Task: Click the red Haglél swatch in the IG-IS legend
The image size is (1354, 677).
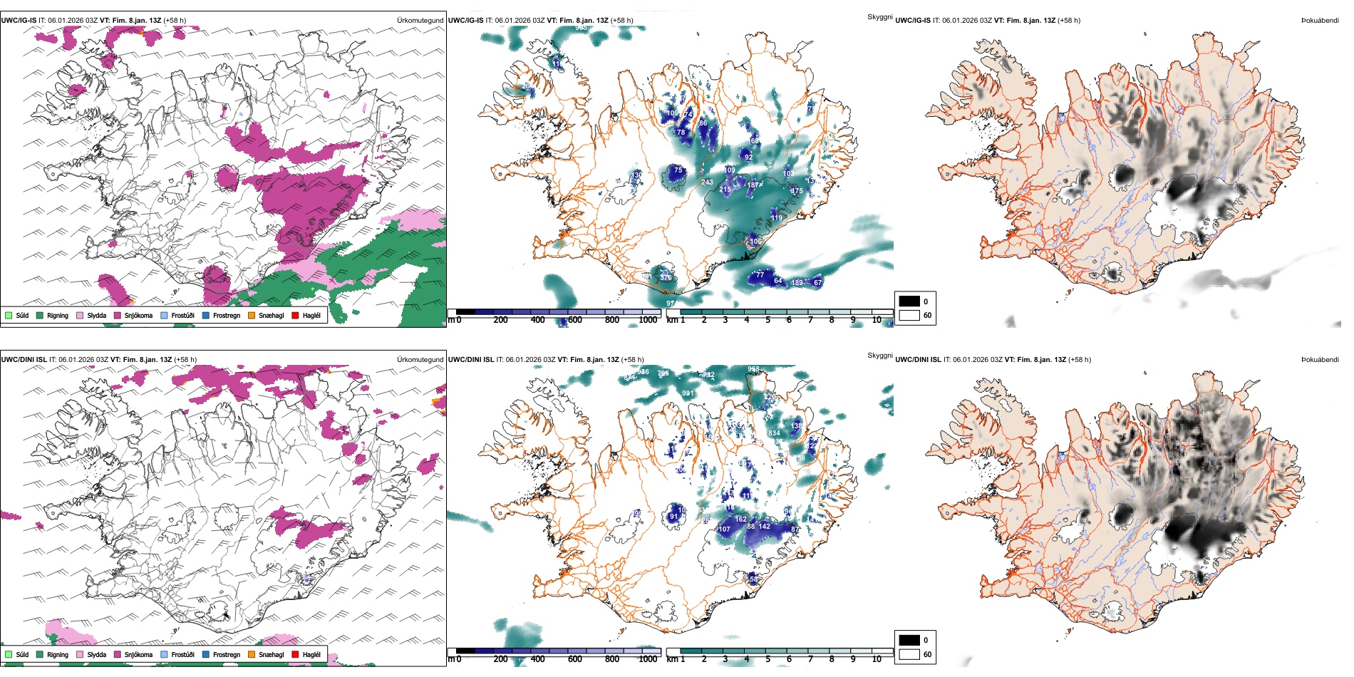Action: [x=295, y=315]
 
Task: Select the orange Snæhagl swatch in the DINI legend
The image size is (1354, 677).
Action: [x=252, y=654]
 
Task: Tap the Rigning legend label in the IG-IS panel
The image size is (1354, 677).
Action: [x=58, y=315]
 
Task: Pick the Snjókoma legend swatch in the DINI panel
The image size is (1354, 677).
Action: [x=118, y=654]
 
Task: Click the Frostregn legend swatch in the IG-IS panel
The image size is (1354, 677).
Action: [x=206, y=315]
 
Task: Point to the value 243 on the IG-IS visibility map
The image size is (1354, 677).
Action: [x=707, y=182]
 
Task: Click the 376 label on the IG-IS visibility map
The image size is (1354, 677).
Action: [x=666, y=277]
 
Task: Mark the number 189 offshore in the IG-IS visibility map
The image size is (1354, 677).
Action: [x=797, y=283]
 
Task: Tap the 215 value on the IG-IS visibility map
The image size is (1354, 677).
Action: [x=725, y=190]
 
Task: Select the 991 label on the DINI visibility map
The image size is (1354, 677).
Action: [x=688, y=393]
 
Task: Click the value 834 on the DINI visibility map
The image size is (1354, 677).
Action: [x=774, y=433]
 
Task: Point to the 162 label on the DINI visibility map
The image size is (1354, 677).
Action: [x=741, y=520]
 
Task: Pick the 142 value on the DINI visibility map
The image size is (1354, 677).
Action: [x=765, y=527]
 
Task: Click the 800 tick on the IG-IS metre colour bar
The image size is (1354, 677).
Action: [x=612, y=320]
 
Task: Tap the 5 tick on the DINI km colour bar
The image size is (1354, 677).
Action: [x=768, y=659]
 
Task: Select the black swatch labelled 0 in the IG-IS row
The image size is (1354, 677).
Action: [x=909, y=301]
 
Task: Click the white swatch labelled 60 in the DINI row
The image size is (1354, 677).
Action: [x=909, y=654]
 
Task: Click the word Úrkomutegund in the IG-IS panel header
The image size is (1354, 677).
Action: [x=420, y=21]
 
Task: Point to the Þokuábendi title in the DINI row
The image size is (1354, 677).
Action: [x=1320, y=360]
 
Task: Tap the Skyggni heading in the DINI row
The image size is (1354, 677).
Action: [x=880, y=356]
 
